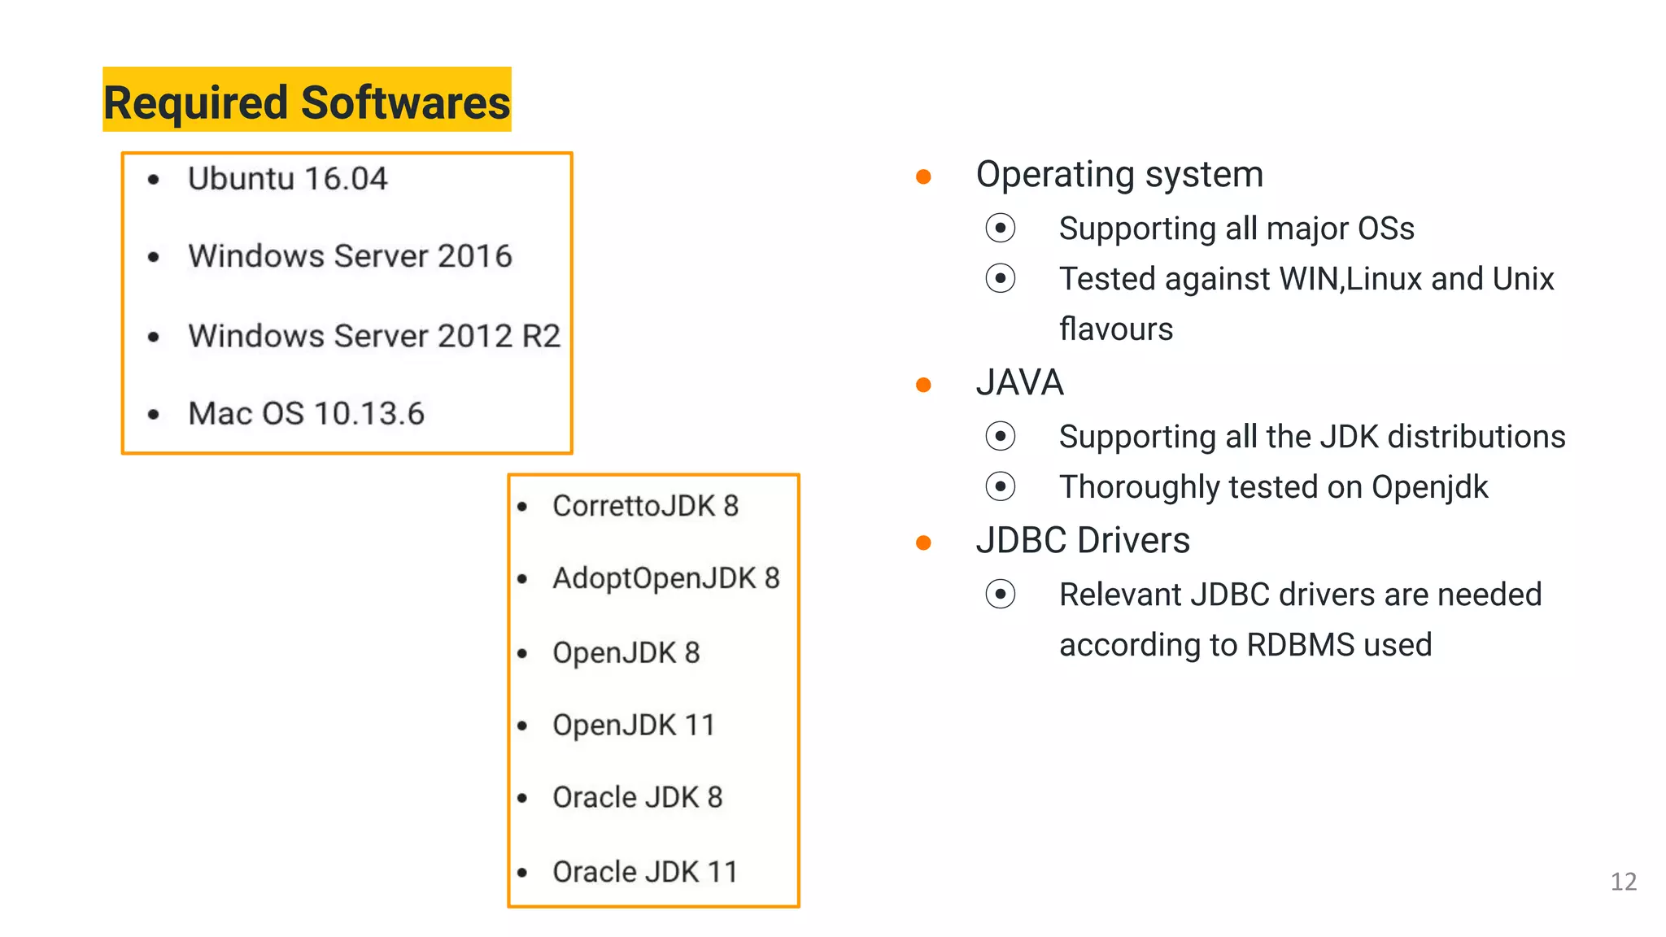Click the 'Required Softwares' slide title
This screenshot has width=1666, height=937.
[x=307, y=102]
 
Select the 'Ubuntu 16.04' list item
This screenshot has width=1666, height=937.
[x=287, y=179]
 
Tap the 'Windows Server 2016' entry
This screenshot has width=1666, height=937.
[x=350, y=256]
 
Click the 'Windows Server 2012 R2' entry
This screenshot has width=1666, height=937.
[x=374, y=336]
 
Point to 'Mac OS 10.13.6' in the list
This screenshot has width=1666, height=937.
[x=306, y=413]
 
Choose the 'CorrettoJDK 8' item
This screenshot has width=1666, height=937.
[x=645, y=506]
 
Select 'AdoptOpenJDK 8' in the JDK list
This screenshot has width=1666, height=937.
[x=665, y=578]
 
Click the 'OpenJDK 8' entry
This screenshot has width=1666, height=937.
[x=626, y=652]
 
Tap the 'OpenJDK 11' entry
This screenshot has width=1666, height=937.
[x=633, y=725]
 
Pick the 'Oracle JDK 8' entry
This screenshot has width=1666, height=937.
[x=637, y=797]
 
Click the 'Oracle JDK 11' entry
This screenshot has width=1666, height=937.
[x=644, y=872]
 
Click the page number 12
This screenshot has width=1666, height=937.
[x=1623, y=882]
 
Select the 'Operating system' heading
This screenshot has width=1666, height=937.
[x=1119, y=175]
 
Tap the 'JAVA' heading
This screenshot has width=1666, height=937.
[x=1019, y=383]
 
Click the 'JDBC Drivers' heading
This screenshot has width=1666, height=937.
[x=1082, y=541]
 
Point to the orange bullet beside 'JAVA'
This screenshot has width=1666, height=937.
[x=923, y=385]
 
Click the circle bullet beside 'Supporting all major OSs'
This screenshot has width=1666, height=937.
[x=1000, y=229]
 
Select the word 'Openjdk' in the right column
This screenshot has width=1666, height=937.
[x=1429, y=487]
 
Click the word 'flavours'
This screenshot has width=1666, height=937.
[x=1115, y=329]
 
